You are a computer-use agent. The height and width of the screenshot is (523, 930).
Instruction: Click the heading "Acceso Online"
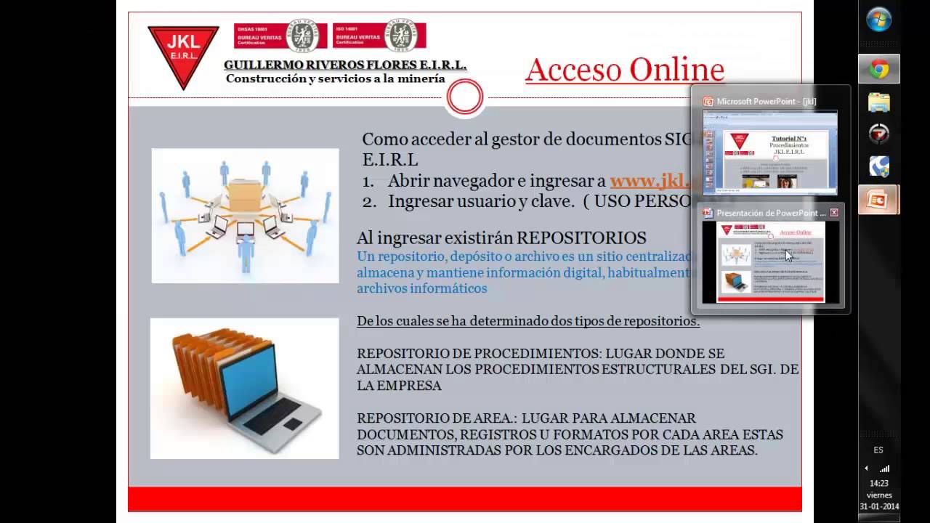point(624,70)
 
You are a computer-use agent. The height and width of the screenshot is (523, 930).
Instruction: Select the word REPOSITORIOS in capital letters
point(581,238)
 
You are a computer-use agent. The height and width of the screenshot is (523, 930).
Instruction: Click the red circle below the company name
point(465,98)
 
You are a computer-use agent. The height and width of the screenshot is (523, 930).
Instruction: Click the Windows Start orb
point(879,20)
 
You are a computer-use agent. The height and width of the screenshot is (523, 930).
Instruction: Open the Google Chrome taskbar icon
point(879,70)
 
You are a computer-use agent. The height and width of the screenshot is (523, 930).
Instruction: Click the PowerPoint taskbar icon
point(878,200)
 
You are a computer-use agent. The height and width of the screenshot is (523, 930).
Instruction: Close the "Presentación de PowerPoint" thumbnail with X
point(834,213)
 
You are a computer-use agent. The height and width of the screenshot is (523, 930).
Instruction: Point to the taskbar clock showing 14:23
point(879,483)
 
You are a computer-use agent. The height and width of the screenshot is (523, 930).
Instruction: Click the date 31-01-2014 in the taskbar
point(879,506)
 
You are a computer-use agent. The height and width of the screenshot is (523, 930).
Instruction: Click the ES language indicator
point(878,450)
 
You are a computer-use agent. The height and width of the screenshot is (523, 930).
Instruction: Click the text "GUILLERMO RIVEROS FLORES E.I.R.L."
point(345,65)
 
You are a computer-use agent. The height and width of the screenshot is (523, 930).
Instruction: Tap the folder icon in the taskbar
point(879,102)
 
